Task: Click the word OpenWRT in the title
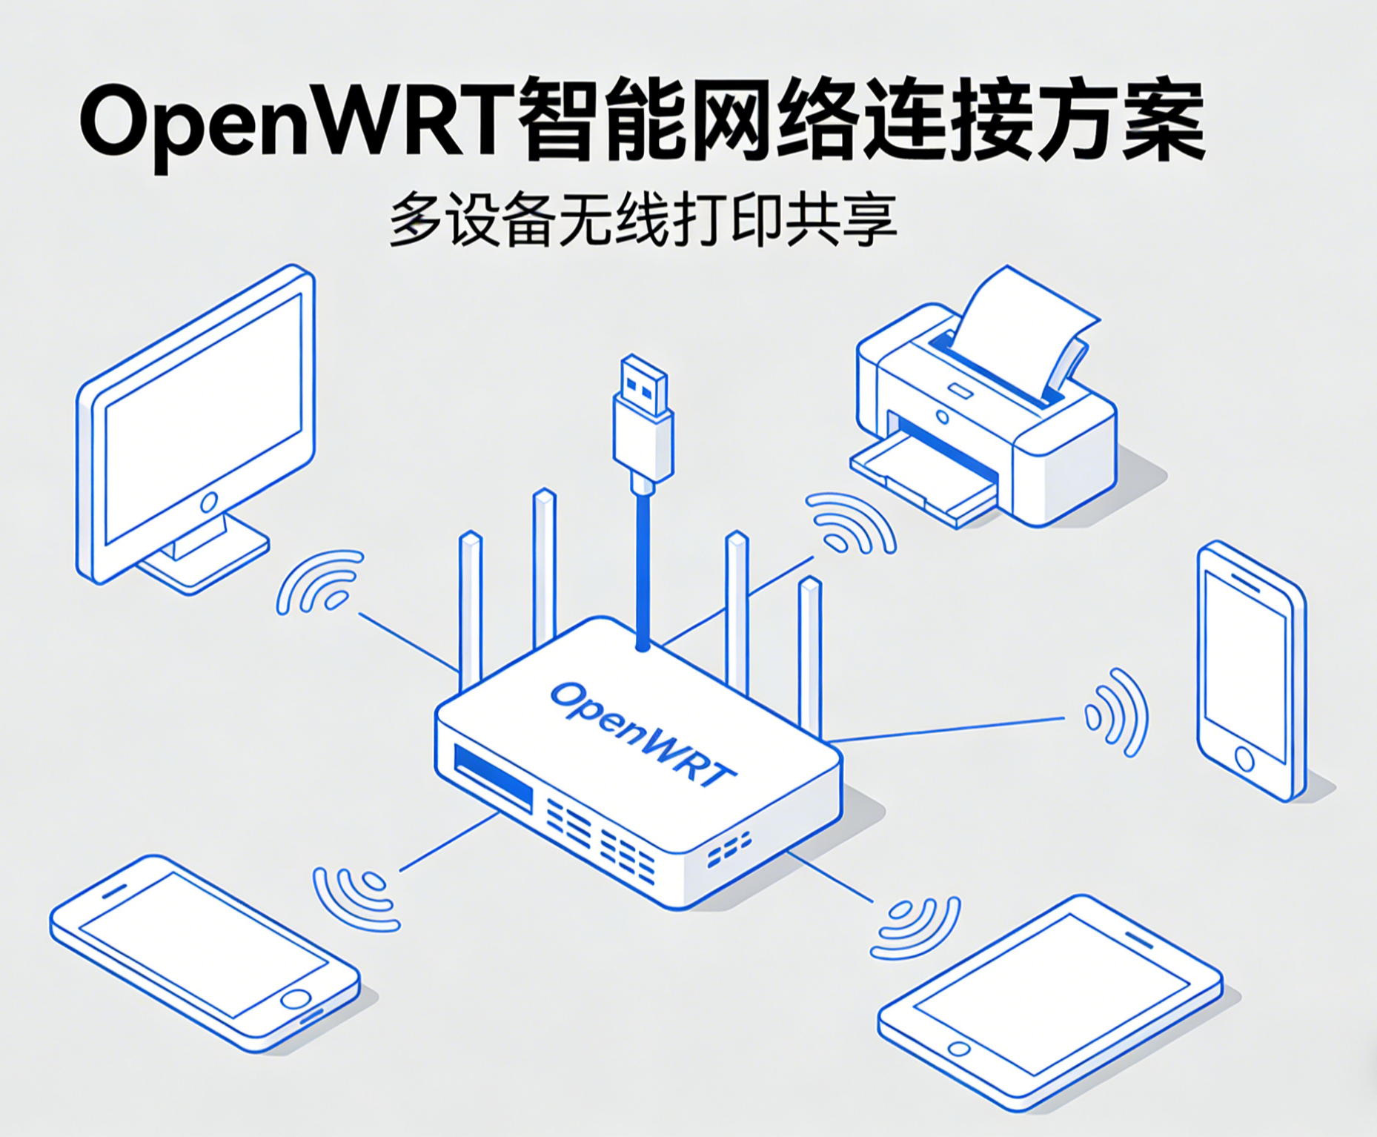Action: point(296,122)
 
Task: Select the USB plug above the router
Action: point(643,422)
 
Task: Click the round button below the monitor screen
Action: point(209,503)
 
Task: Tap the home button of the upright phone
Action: point(1244,758)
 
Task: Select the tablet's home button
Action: point(959,1049)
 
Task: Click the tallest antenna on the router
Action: point(544,571)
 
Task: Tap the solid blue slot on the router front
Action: point(493,778)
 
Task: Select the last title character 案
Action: point(1164,122)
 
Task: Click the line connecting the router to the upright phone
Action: point(949,729)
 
